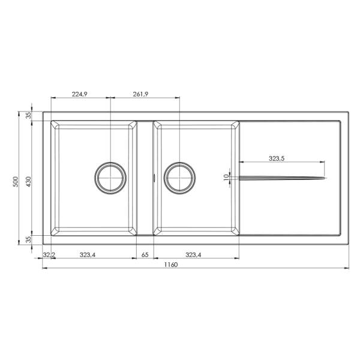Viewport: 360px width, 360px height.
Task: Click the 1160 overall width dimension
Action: coord(171,265)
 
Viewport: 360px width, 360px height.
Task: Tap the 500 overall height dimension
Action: coord(16,182)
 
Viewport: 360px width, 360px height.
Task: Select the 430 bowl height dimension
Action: coord(28,182)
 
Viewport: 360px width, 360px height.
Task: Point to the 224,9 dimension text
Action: coord(79,94)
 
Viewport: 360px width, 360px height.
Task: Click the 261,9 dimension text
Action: coord(140,94)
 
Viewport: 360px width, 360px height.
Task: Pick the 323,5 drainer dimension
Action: coord(277,158)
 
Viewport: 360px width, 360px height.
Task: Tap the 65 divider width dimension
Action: coord(145,254)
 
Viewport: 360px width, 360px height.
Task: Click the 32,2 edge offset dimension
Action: coord(49,254)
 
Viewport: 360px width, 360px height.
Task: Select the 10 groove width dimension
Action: coord(226,177)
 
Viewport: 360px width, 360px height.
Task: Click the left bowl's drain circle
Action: coord(110,163)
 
